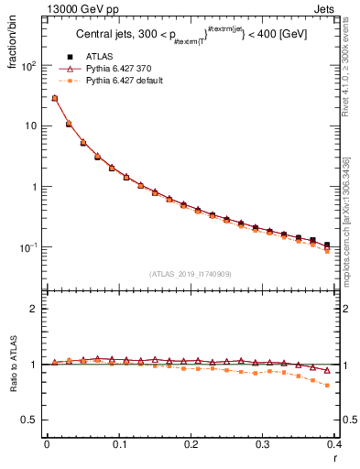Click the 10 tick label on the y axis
pyautogui.click(x=29, y=126)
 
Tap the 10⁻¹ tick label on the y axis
pyautogui.click(x=27, y=247)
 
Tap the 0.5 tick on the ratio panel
pyautogui.click(x=29, y=420)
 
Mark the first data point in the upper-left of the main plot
pyautogui.click(x=54, y=98)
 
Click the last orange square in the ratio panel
pyautogui.click(x=327, y=386)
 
